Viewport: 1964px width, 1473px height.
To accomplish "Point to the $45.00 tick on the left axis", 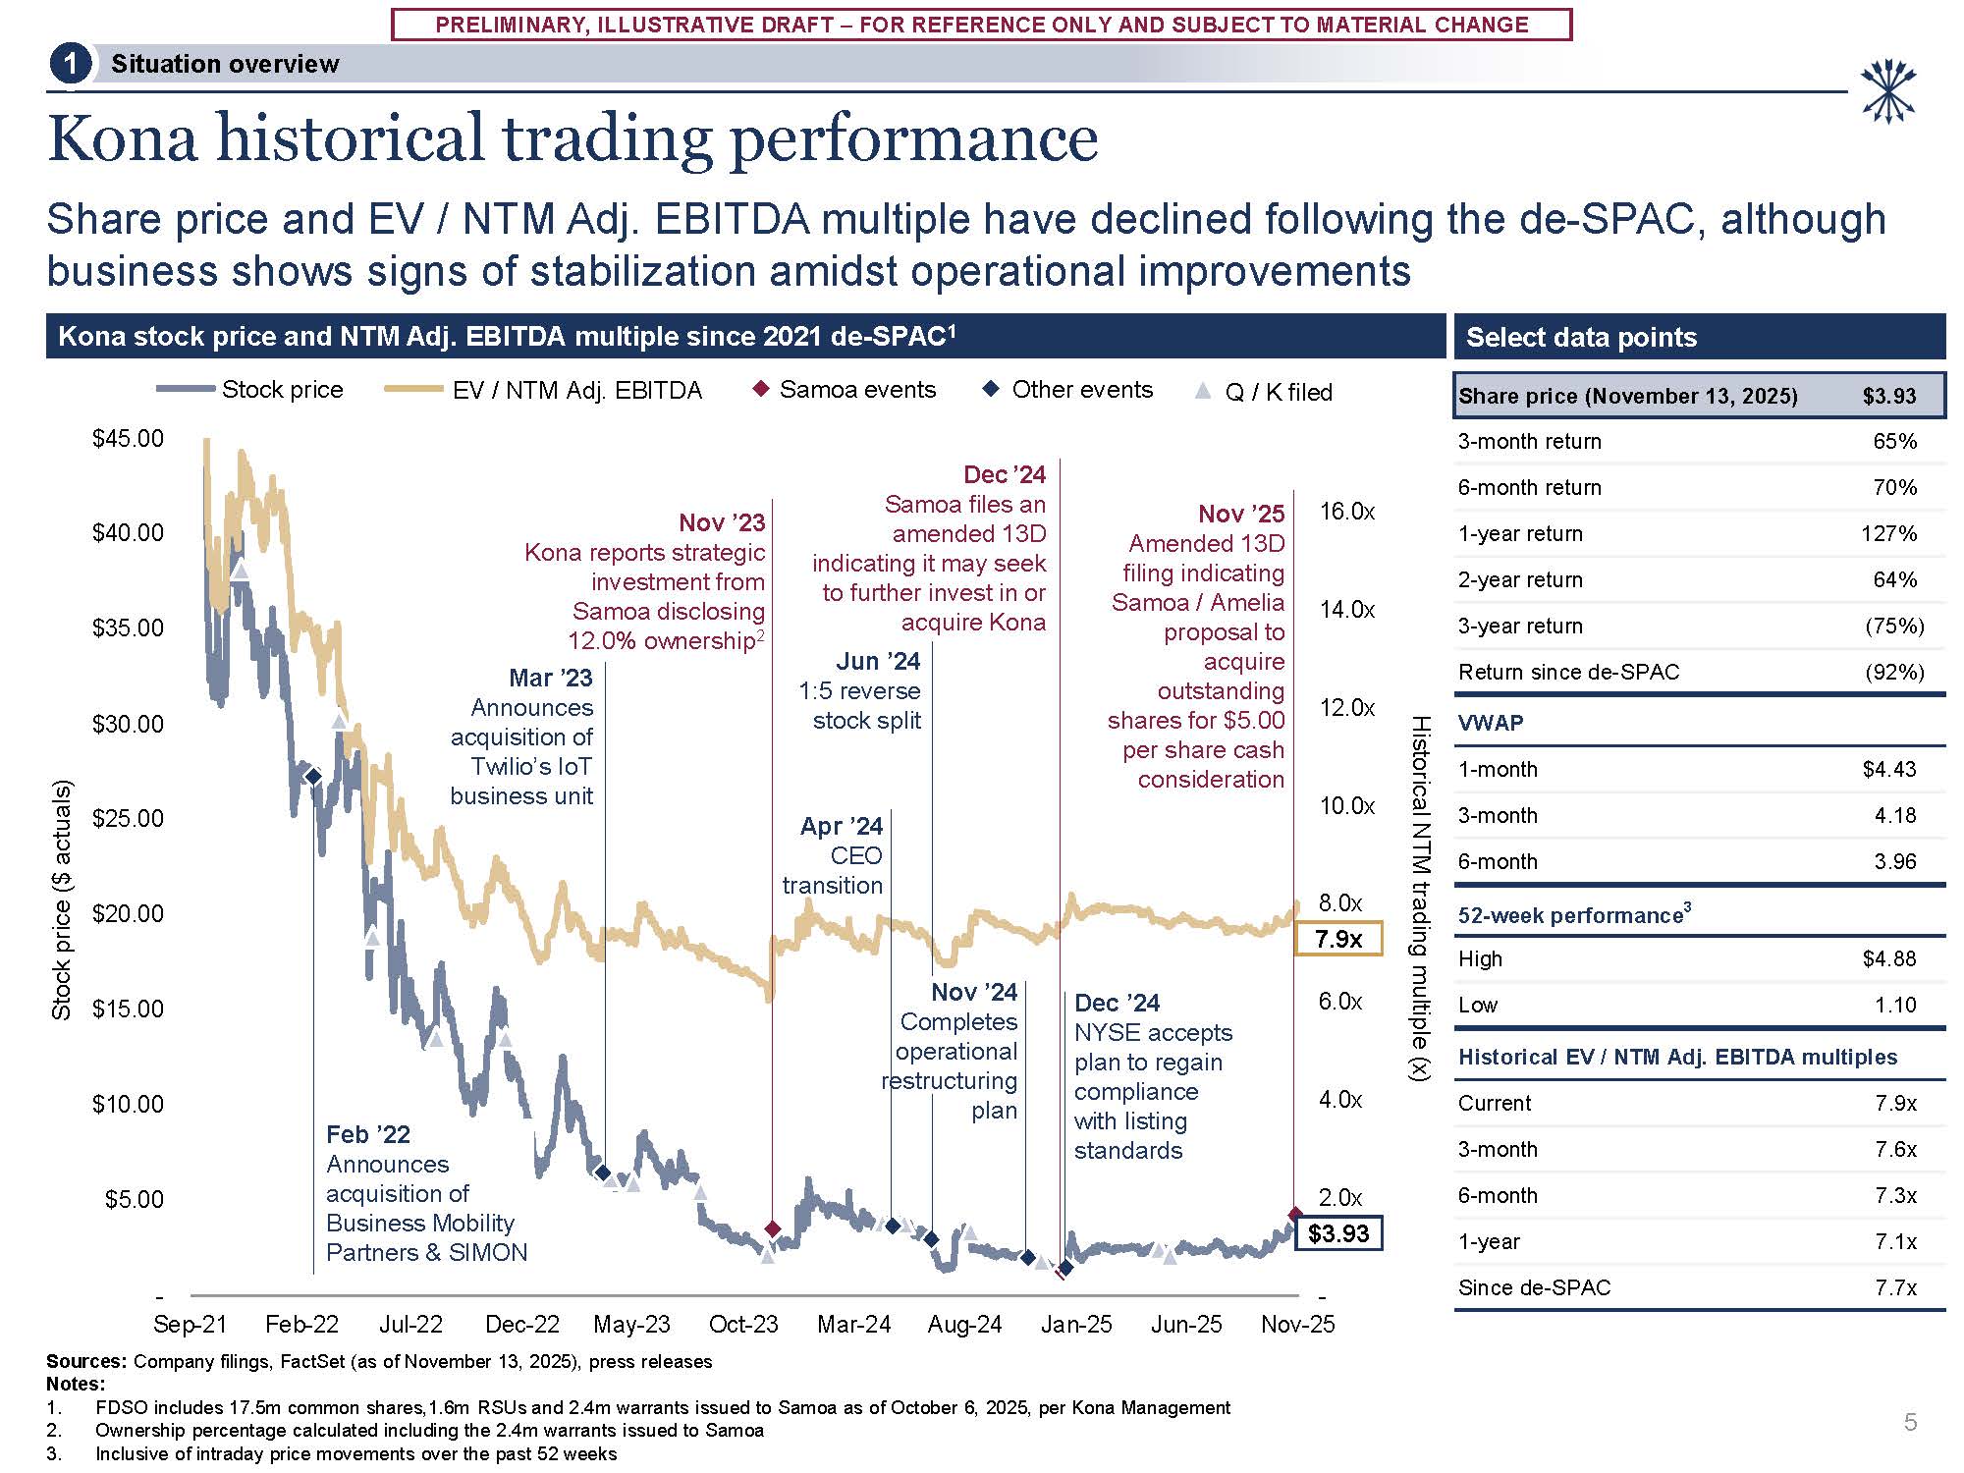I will (x=128, y=438).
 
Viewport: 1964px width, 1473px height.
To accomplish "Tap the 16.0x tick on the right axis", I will (x=1346, y=511).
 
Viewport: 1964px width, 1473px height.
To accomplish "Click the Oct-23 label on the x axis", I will (x=743, y=1324).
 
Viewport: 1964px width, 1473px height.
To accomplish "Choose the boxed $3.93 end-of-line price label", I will (x=1338, y=1233).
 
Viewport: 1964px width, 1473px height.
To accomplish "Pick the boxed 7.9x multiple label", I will (x=1338, y=939).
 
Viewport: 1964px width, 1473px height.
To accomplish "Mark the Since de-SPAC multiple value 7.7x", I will (x=1895, y=1287).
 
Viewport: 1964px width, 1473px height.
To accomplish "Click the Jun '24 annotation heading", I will (x=878, y=661).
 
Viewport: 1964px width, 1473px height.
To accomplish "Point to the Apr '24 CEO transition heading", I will (x=841, y=826).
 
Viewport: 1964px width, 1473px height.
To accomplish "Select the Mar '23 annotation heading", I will (x=550, y=678).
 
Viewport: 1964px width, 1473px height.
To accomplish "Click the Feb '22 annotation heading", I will (x=367, y=1134).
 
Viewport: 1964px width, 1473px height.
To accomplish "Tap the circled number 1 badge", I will (x=70, y=65).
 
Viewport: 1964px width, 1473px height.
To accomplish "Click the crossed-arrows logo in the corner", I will (x=1887, y=91).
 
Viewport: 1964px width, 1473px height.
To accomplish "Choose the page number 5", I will (x=1910, y=1421).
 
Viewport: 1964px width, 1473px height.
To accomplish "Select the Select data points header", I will (x=1581, y=337).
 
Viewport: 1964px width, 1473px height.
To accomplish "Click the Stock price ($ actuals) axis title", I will (x=62, y=900).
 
